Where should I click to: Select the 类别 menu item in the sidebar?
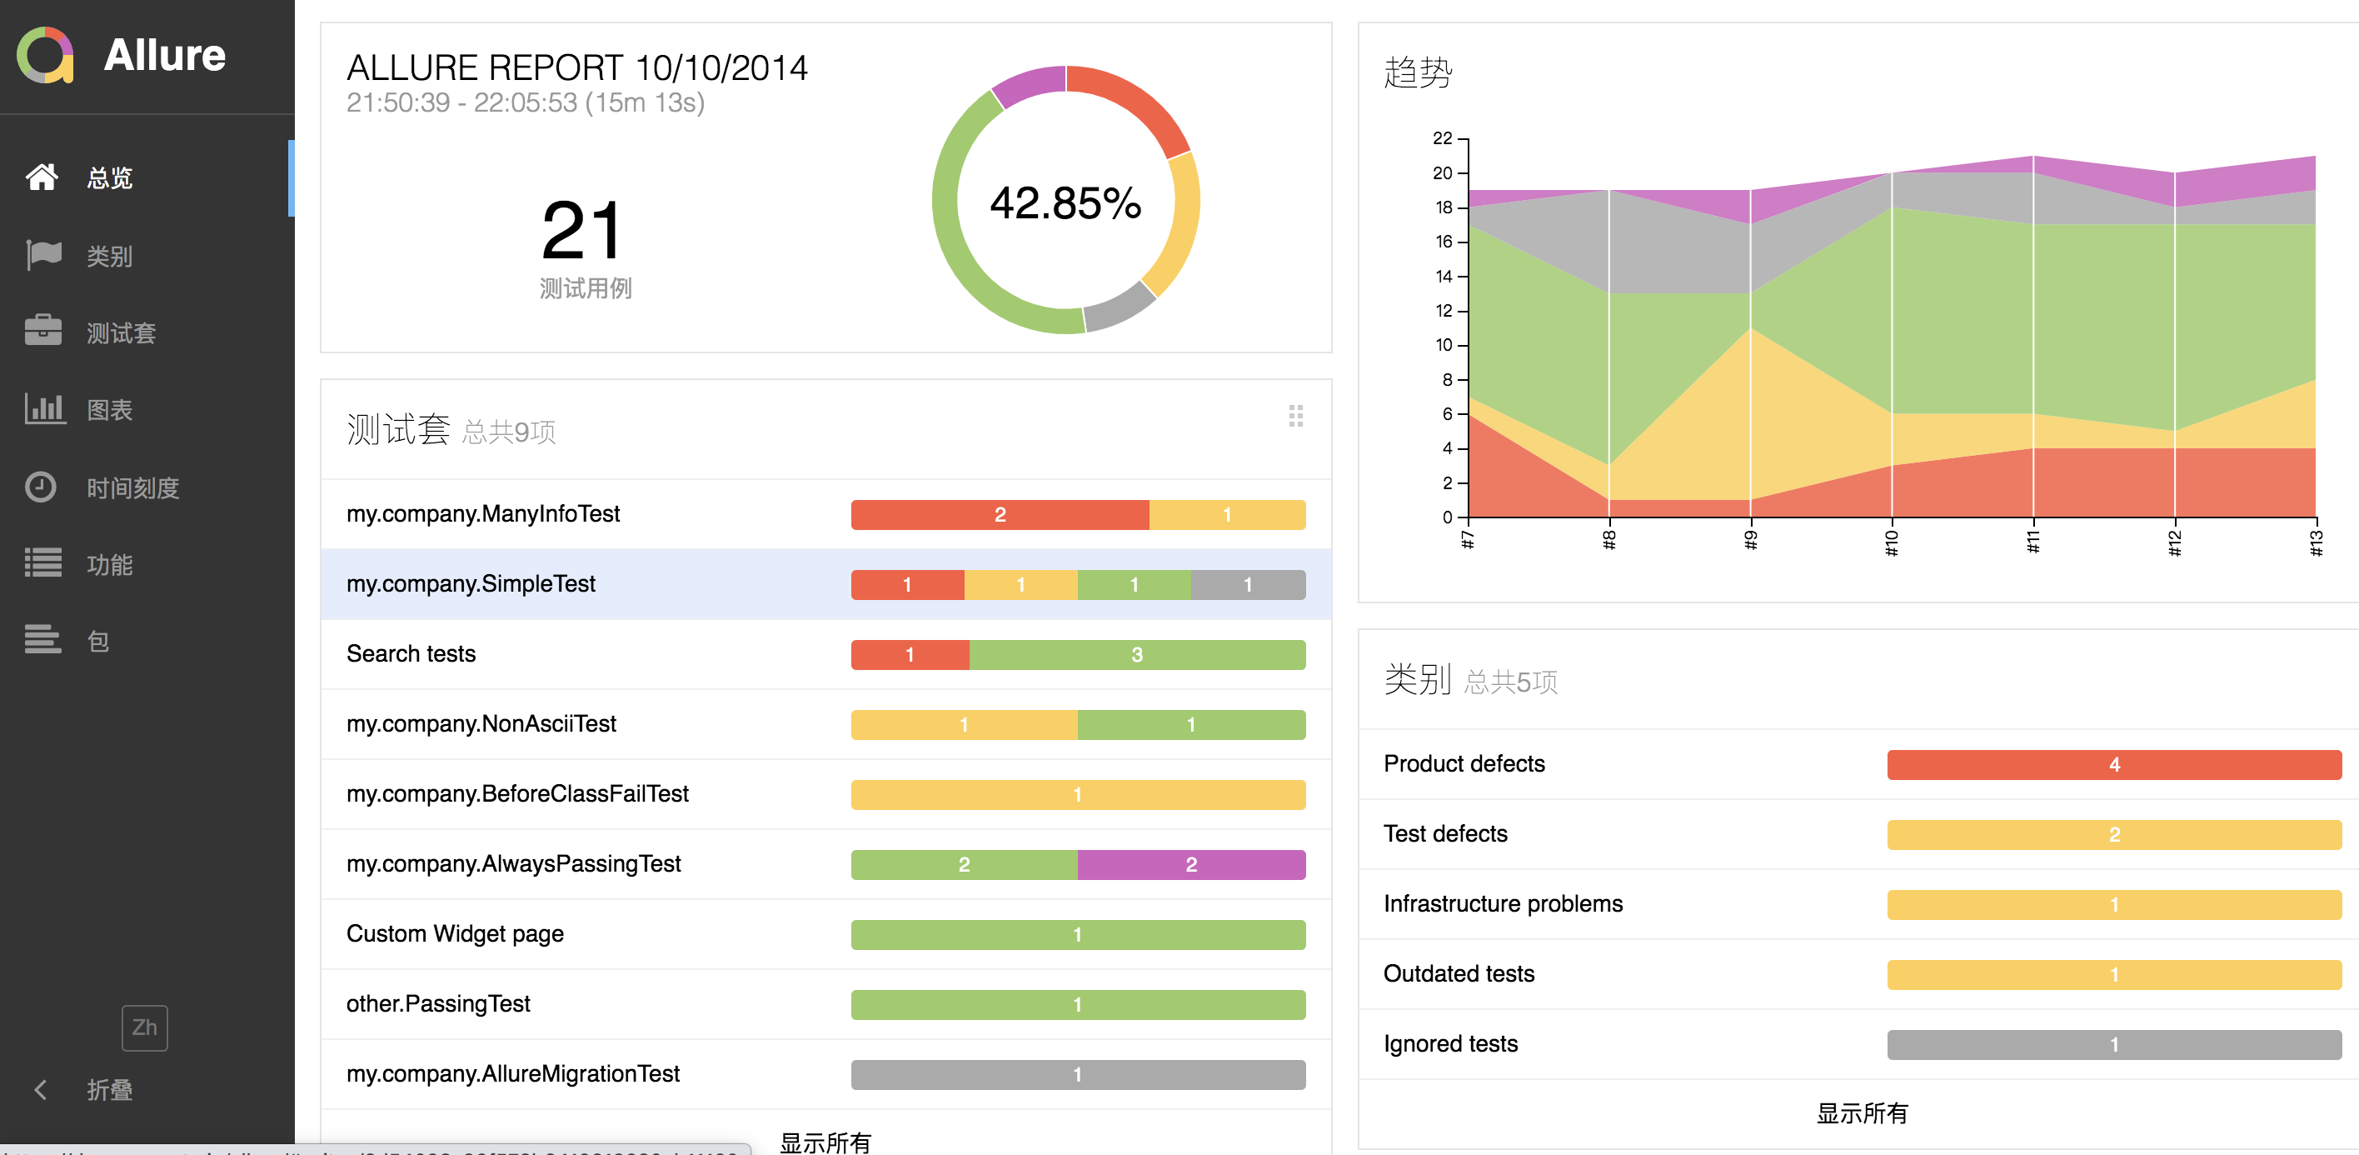point(109,256)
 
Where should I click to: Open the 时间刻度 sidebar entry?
point(132,487)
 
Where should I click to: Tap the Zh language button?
point(145,1027)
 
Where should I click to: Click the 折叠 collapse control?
point(108,1089)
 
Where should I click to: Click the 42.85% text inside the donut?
point(1065,202)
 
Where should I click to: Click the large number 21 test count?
point(582,231)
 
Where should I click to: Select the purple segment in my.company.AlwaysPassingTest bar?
point(1190,863)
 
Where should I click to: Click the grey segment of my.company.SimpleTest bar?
point(1247,584)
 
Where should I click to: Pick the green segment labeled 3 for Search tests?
point(1136,654)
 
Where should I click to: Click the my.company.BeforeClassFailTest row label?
point(517,793)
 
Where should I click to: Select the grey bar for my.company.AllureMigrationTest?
point(1077,1073)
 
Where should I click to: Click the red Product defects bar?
point(2113,764)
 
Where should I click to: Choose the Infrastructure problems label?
point(1503,903)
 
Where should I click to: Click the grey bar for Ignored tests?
point(2113,1043)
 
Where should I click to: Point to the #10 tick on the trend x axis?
point(1891,542)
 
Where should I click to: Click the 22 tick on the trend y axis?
point(1443,138)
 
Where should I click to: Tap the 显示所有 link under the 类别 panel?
point(1862,1112)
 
